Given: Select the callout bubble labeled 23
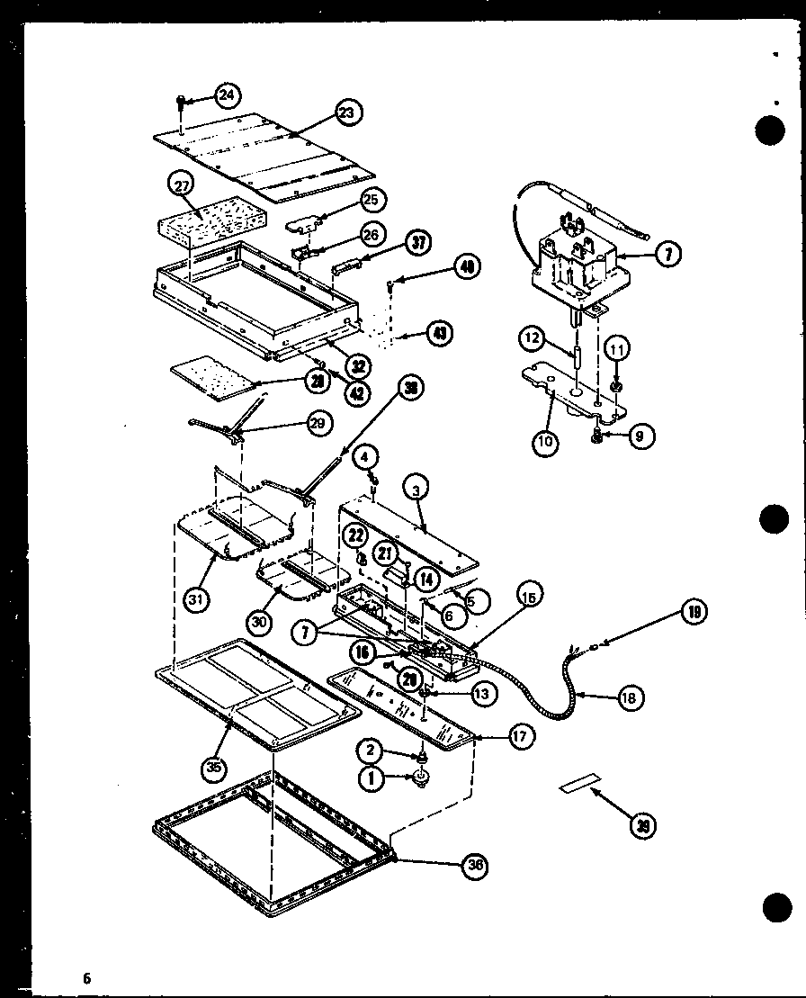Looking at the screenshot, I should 346,112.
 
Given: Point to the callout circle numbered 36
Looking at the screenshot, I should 476,866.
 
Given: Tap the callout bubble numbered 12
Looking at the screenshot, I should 533,339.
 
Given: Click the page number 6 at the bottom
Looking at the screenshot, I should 87,977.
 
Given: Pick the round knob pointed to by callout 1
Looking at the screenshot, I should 419,781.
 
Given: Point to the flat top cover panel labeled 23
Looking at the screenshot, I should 270,157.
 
